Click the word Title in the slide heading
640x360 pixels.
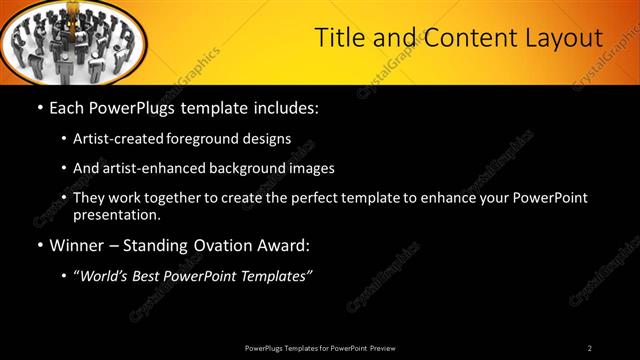[x=338, y=39]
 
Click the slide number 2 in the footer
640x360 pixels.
[x=590, y=348]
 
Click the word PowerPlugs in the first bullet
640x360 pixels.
[x=138, y=106]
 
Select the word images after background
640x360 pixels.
[x=309, y=168]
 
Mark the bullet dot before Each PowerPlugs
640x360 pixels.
[x=39, y=106]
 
